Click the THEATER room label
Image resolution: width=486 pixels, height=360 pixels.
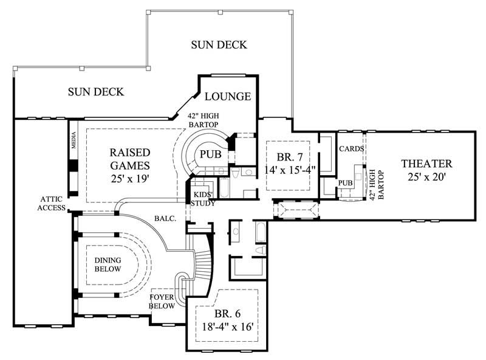(x=426, y=164)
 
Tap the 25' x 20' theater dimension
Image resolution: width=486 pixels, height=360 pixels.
(x=426, y=177)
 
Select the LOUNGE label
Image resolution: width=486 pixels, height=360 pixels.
(x=228, y=97)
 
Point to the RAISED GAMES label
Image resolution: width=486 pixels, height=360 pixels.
(x=129, y=158)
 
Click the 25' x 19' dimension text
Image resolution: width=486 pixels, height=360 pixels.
(x=129, y=179)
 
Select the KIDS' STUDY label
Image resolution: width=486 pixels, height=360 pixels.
(x=202, y=199)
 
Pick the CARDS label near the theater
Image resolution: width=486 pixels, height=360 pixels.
(x=351, y=148)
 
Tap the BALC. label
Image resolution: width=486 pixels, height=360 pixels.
(x=165, y=217)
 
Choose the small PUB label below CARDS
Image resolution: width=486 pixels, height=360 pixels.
(x=346, y=182)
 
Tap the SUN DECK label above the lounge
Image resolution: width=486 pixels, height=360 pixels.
(x=219, y=44)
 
